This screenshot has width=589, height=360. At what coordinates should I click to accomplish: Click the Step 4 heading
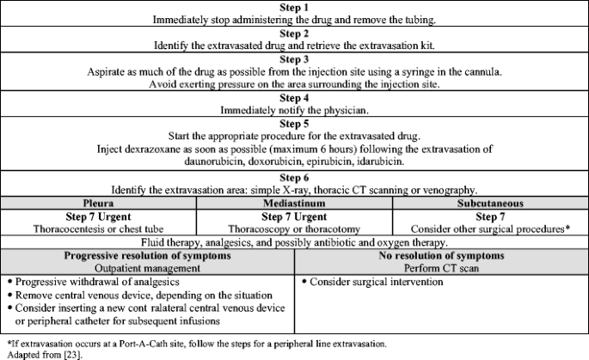pos(294,98)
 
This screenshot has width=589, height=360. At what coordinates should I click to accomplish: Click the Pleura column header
pos(98,202)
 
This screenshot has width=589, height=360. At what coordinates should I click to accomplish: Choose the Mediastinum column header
pos(294,202)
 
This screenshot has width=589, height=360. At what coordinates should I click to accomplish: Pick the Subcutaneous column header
pos(489,202)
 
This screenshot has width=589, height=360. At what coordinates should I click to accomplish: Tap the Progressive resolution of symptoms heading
pos(148,256)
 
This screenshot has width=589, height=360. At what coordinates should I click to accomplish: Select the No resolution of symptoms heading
pos(441,256)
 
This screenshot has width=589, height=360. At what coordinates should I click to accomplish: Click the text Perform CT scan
pos(441,269)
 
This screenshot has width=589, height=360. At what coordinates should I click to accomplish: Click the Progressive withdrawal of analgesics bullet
pos(98,282)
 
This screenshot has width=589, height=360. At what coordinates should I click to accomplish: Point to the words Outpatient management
pos(148,269)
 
